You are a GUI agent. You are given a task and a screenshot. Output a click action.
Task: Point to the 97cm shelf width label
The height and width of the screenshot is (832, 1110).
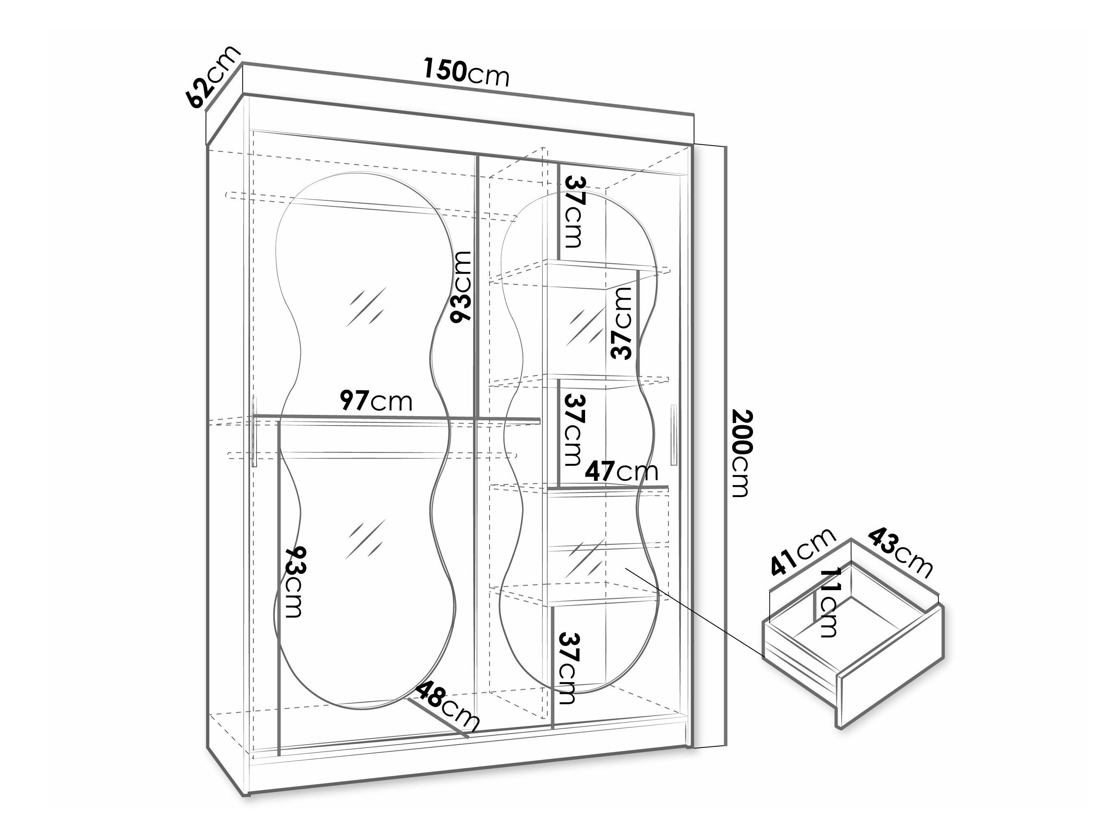tap(376, 401)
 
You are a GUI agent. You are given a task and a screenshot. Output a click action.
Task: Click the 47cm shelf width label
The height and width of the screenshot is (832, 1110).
tap(622, 471)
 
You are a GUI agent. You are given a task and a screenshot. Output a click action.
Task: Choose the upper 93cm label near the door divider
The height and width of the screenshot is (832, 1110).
tap(461, 287)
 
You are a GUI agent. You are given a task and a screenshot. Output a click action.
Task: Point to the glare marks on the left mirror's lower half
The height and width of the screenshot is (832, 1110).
tap(365, 539)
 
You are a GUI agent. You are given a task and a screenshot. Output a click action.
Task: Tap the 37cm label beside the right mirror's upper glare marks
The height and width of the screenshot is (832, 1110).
tap(621, 324)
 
